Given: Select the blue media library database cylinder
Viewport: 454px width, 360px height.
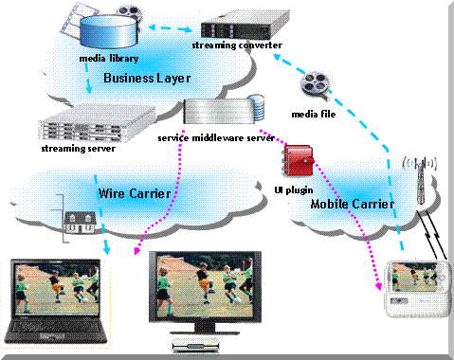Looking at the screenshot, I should [107, 30].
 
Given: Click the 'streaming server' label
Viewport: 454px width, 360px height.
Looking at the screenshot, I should [80, 148].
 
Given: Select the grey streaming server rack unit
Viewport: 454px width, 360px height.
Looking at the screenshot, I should [82, 123].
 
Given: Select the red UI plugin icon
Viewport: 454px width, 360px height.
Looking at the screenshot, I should [300, 159].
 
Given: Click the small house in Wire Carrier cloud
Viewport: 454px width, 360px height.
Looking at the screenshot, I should [77, 220].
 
